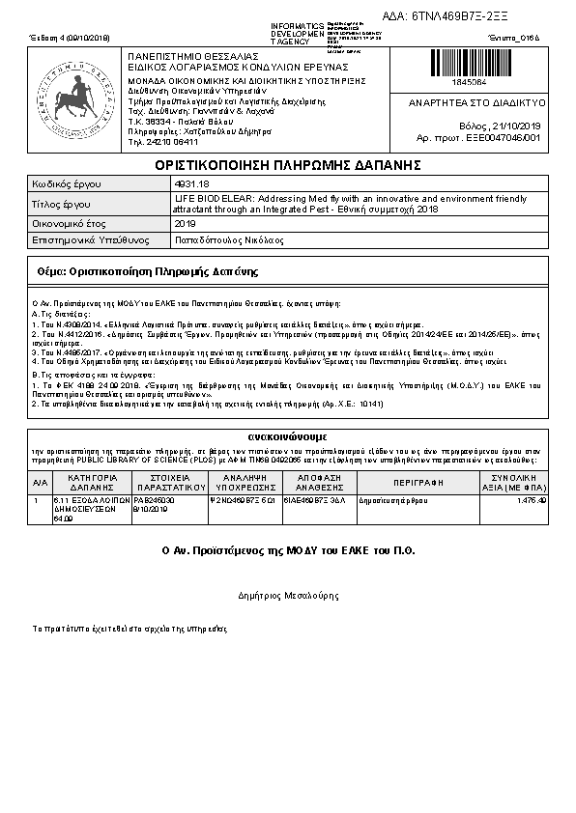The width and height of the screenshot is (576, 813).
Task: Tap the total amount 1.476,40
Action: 532,500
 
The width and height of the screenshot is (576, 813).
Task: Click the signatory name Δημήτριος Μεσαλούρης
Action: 288,596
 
